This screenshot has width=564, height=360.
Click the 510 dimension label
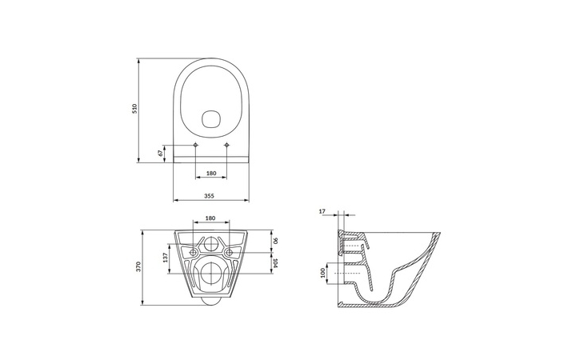[x=134, y=109]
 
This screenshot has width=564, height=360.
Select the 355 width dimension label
[x=210, y=196]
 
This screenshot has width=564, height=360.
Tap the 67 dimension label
[x=161, y=153]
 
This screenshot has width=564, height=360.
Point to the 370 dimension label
[x=139, y=266]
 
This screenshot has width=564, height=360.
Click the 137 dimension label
[x=165, y=258]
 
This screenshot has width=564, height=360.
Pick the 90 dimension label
[x=275, y=241]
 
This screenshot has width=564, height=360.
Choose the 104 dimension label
[x=275, y=263]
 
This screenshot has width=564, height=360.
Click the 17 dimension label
[x=322, y=211]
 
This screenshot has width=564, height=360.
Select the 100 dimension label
[x=322, y=273]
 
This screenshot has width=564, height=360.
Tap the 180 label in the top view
[x=211, y=174]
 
